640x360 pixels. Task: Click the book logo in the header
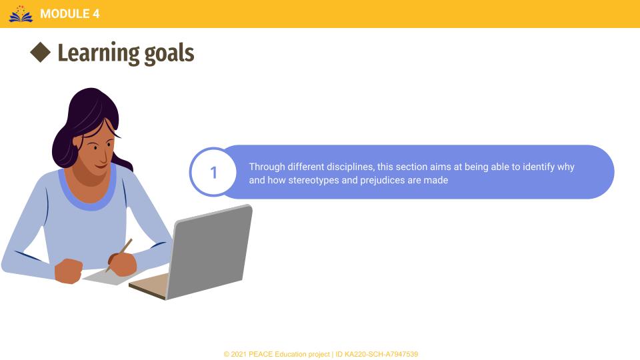click(x=21, y=14)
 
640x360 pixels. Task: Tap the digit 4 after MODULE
click(x=96, y=14)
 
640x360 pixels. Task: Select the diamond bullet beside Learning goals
click(x=41, y=52)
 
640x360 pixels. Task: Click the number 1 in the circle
click(x=213, y=172)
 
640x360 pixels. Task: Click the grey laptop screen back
click(x=209, y=252)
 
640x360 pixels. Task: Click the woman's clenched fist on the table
click(x=68, y=271)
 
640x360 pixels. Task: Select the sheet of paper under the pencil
click(x=107, y=277)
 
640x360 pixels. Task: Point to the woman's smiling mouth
click(x=101, y=165)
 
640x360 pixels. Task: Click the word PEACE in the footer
click(x=261, y=354)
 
